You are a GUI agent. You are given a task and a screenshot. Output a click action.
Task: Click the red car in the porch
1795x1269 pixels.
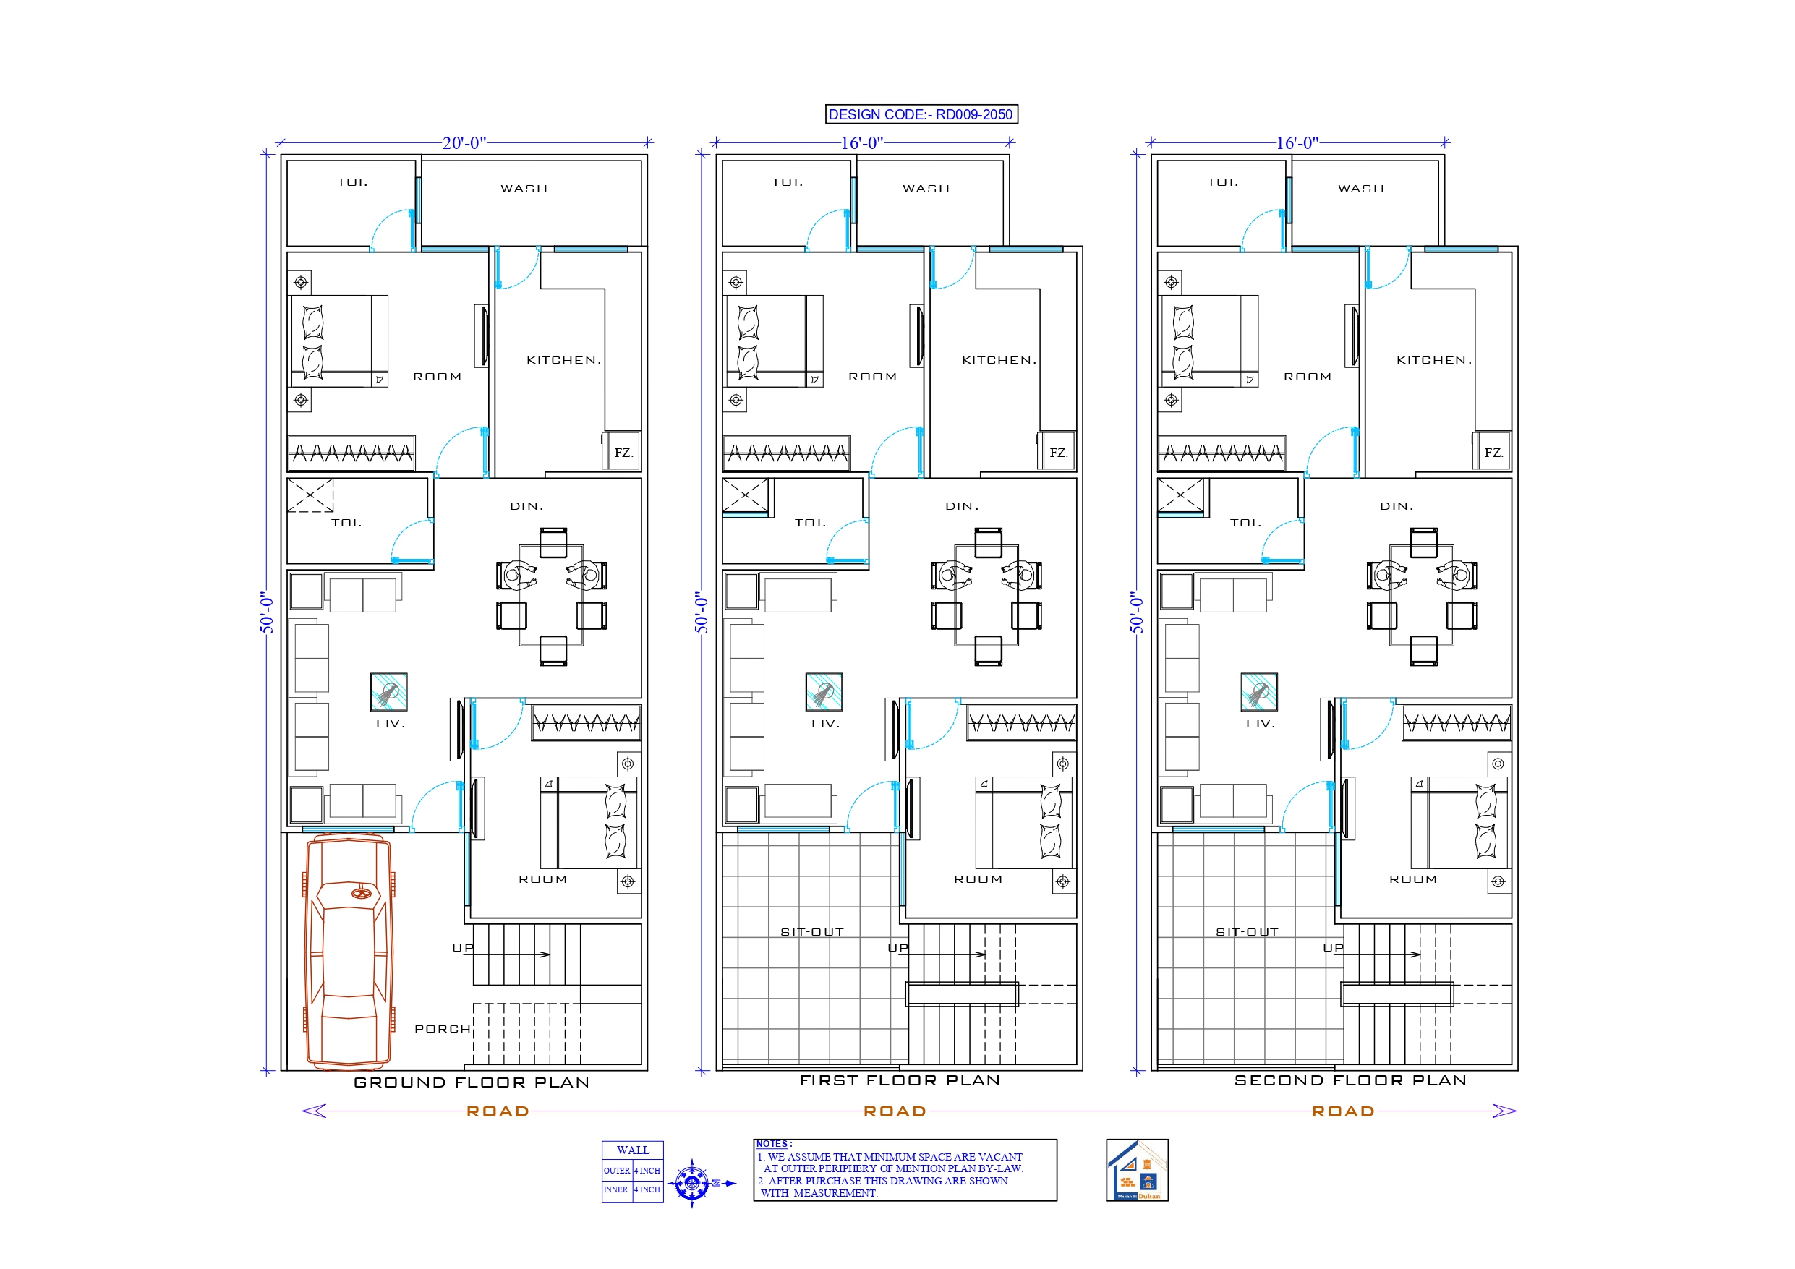pos(348,951)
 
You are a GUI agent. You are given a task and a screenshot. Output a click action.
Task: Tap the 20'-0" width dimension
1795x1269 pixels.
pos(464,143)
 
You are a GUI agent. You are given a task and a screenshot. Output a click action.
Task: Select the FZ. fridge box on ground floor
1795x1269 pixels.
pos(622,453)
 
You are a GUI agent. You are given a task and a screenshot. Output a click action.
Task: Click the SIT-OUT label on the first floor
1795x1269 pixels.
pos(811,932)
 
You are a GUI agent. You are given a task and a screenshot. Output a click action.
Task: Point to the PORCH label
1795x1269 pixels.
pos(443,1029)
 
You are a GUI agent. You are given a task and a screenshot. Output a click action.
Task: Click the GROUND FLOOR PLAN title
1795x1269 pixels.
pos(472,1083)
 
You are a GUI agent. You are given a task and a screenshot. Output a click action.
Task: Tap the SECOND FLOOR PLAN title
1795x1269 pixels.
pos(1350,1080)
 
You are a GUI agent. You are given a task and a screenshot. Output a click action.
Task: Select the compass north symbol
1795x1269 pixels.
pos(692,1182)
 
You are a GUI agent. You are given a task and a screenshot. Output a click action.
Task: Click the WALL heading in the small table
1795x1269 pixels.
pos(633,1150)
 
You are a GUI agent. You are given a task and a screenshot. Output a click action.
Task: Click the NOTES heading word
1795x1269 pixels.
pos(772,1144)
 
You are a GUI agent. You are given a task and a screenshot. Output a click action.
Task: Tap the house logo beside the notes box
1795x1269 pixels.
pos(1137,1170)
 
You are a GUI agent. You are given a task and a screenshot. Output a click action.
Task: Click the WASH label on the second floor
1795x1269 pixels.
pos(1360,189)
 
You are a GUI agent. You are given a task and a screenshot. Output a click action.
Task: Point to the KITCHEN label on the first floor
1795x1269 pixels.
pos(998,360)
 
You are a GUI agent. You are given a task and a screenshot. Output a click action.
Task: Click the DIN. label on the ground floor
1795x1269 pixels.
pos(526,507)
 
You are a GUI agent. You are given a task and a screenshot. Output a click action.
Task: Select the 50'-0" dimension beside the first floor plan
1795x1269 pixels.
pos(702,612)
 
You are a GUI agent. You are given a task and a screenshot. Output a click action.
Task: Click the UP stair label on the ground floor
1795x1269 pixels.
pos(463,948)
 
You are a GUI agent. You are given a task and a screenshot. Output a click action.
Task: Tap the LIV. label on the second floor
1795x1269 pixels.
pos(1261,724)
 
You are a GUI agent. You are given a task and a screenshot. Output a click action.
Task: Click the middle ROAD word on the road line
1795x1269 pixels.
pos(895,1111)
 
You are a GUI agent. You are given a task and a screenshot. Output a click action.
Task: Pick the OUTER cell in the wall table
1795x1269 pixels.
pos(616,1171)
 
